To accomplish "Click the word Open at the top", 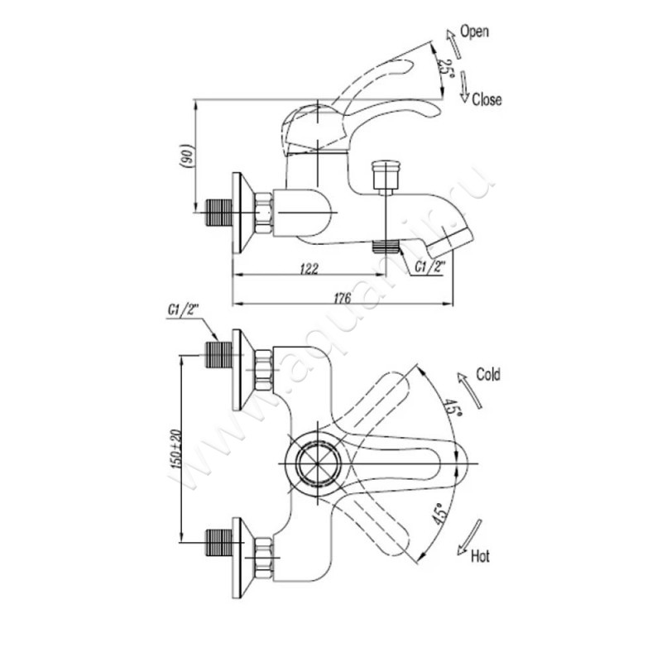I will tap(476, 32).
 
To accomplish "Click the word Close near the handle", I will tap(487, 100).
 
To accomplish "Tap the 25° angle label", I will tap(445, 65).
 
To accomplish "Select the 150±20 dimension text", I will tap(176, 448).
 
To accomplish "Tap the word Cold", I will tap(487, 375).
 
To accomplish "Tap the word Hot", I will tap(480, 556).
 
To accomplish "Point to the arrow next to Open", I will tap(450, 40).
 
